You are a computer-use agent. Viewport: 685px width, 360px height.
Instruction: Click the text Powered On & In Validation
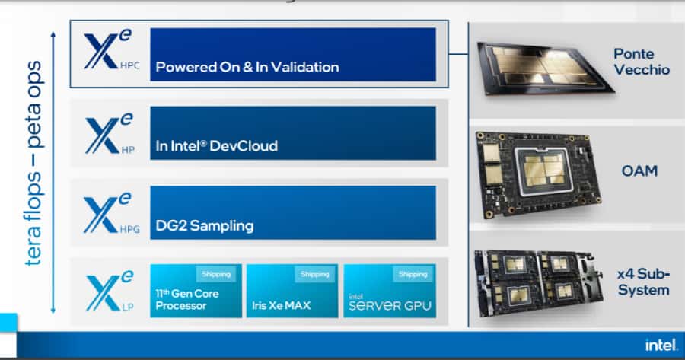(247, 67)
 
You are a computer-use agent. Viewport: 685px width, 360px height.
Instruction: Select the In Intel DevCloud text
(216, 146)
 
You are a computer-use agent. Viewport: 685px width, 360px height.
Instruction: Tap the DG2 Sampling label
(204, 226)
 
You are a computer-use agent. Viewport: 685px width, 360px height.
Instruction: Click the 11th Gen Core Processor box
(196, 291)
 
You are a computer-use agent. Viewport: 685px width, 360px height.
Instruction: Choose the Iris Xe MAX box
(292, 291)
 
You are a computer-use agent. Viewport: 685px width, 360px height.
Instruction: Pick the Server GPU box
(390, 291)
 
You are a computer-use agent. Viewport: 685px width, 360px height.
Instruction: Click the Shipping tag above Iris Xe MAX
(314, 274)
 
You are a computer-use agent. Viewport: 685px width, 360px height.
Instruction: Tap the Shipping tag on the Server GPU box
(413, 274)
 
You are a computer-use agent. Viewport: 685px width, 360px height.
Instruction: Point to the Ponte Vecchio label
(642, 62)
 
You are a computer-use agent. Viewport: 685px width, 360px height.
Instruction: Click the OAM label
(639, 172)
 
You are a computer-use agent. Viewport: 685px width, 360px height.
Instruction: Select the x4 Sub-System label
(644, 282)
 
